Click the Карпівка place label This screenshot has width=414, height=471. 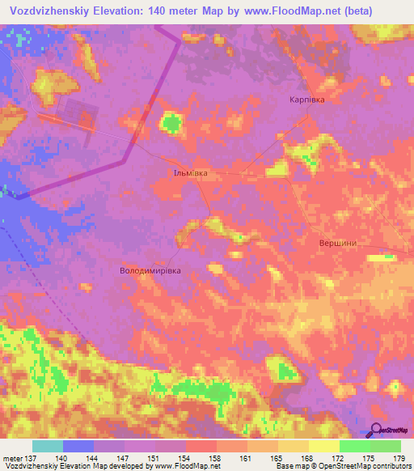pyautogui.click(x=307, y=100)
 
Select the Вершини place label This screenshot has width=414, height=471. pyautogui.click(x=338, y=242)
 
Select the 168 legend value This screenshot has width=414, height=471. pyautogui.click(x=306, y=457)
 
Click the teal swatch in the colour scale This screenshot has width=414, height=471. pyautogui.click(x=47, y=446)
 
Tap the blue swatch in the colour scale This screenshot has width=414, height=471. pyautogui.click(x=78, y=446)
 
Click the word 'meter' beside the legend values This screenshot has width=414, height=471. pyautogui.click(x=11, y=457)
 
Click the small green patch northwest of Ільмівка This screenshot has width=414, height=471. pyautogui.click(x=171, y=123)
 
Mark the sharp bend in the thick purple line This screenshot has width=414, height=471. pyautogui.click(x=123, y=161)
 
